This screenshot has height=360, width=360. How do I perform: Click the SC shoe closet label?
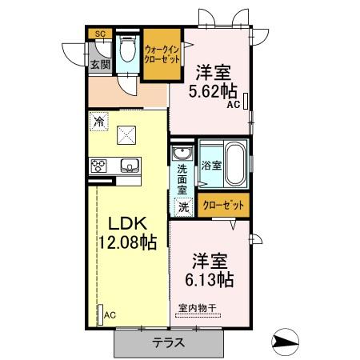[100, 34]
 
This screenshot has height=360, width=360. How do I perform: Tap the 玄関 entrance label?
[99, 64]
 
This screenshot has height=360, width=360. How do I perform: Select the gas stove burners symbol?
[100, 166]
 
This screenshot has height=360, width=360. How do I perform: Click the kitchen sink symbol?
[129, 166]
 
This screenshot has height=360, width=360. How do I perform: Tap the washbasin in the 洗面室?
[182, 154]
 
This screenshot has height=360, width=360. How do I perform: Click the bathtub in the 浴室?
[233, 163]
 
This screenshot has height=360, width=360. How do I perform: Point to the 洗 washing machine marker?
[182, 205]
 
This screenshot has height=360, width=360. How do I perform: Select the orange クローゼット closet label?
[224, 205]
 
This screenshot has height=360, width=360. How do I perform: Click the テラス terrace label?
[170, 343]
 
